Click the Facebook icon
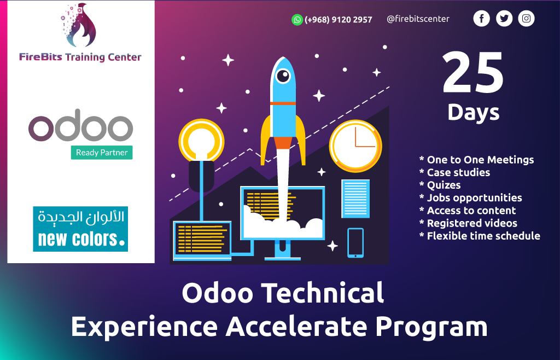481,19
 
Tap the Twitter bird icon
504,19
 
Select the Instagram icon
526,19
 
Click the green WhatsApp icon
297,20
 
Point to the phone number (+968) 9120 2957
339,20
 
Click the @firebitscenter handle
418,19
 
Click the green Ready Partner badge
102,153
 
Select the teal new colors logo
80,229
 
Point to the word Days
473,112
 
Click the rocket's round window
283,76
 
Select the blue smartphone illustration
355,242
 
